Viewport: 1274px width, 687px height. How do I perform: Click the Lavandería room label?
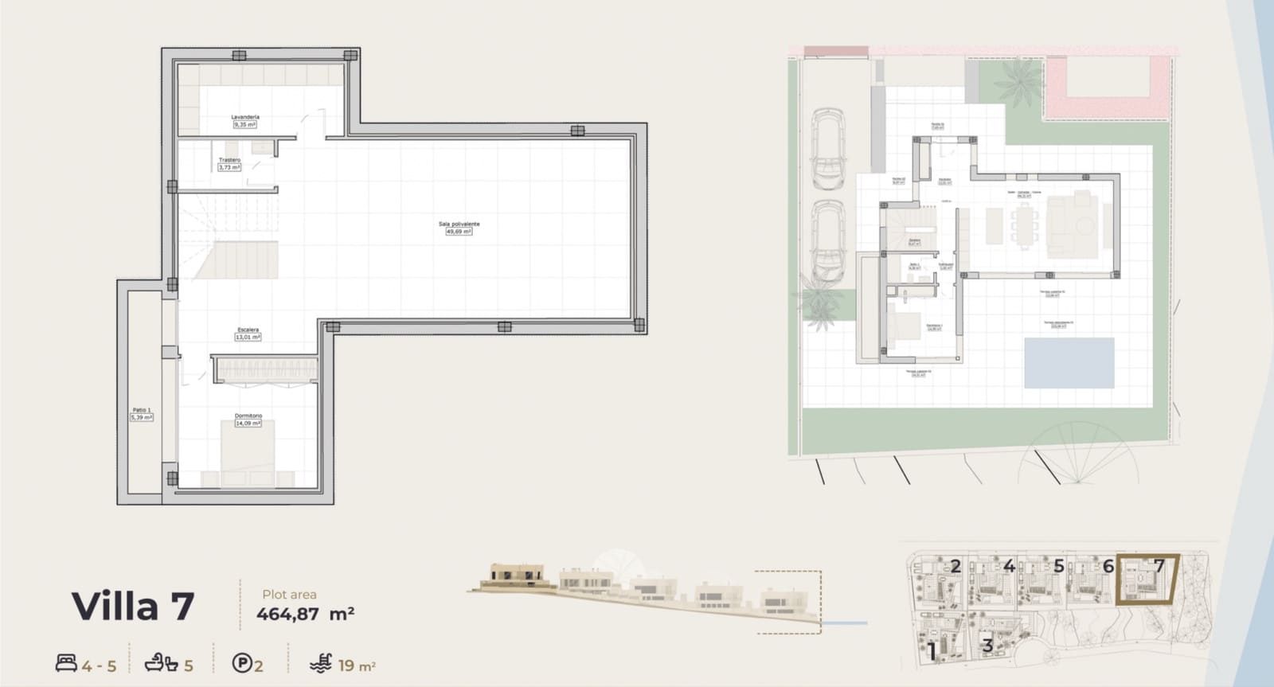click(x=245, y=118)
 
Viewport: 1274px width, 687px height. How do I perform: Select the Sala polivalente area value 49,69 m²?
click(x=459, y=232)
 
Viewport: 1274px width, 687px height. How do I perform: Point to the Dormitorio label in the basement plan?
click(x=248, y=416)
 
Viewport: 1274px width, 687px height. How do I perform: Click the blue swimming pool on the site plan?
click(x=1069, y=363)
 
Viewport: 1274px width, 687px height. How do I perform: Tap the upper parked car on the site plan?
click(x=828, y=150)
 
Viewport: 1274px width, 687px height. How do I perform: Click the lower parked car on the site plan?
click(x=828, y=241)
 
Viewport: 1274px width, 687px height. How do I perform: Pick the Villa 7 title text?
click(x=133, y=607)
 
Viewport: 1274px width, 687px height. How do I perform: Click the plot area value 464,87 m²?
click(x=305, y=614)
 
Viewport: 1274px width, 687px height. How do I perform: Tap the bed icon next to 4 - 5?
click(x=66, y=663)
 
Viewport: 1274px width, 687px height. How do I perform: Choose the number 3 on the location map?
click(x=987, y=645)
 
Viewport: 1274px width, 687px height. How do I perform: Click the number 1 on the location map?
click(x=932, y=652)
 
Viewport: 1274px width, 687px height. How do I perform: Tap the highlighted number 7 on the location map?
click(x=1159, y=566)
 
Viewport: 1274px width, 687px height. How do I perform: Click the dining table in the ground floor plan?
click(x=1025, y=224)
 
